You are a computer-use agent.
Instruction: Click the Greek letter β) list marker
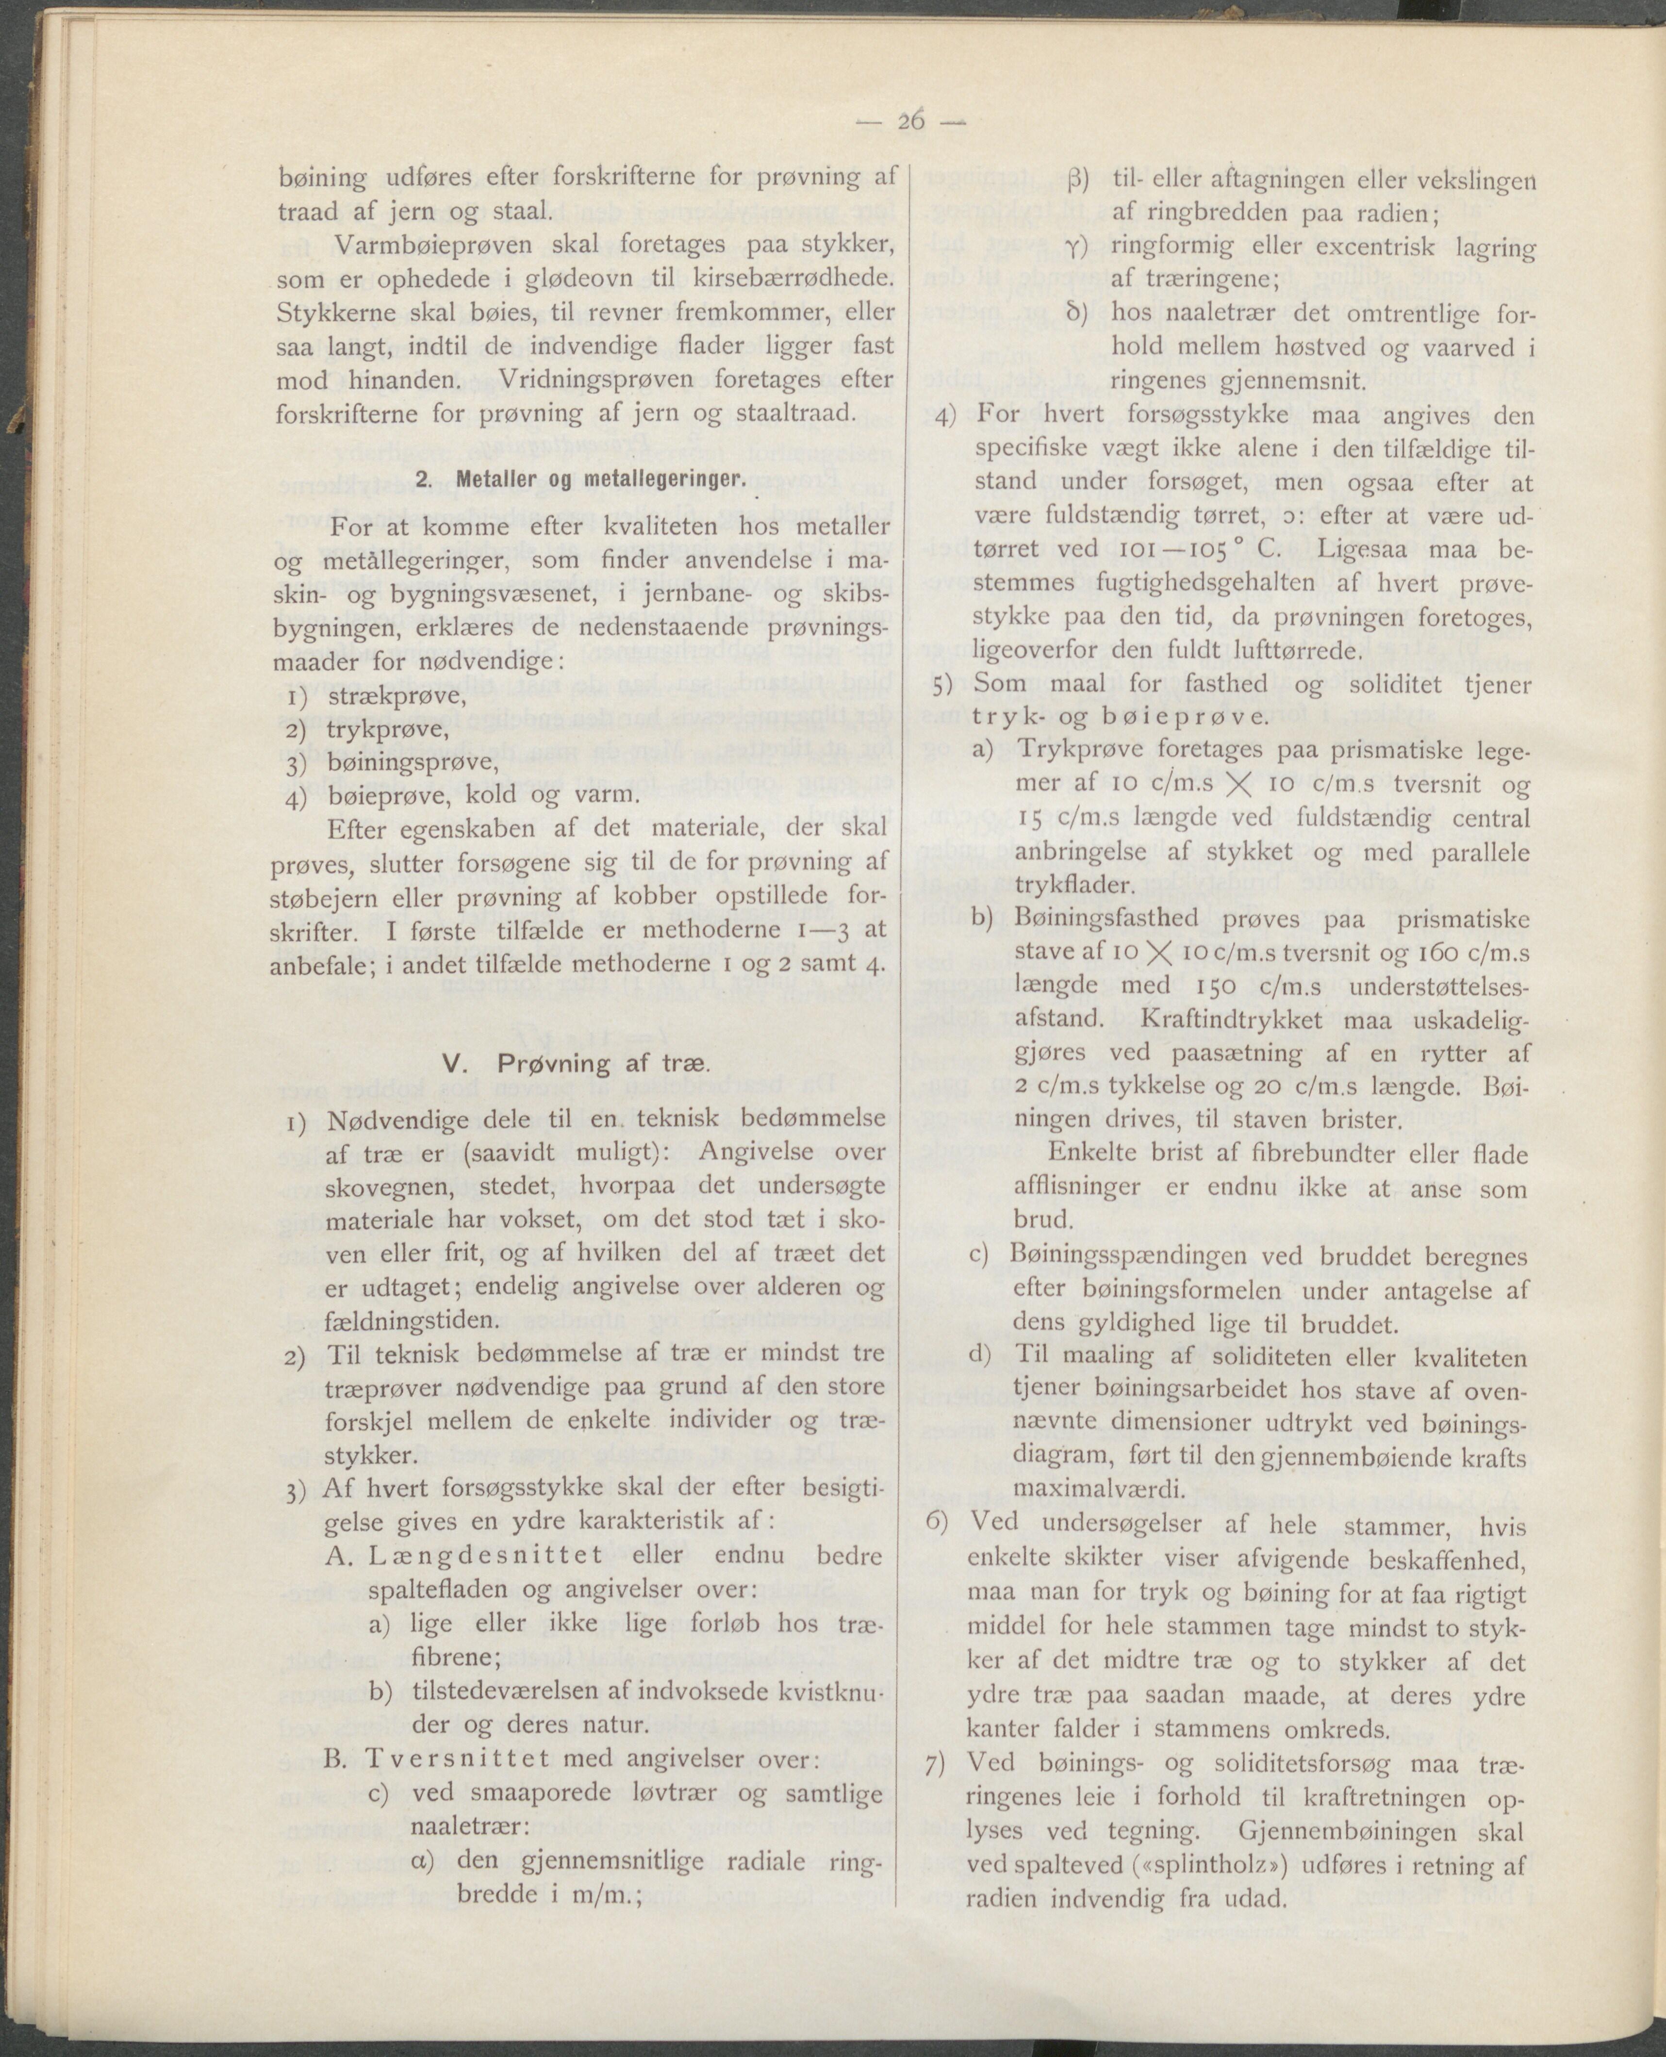pos(1076,180)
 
